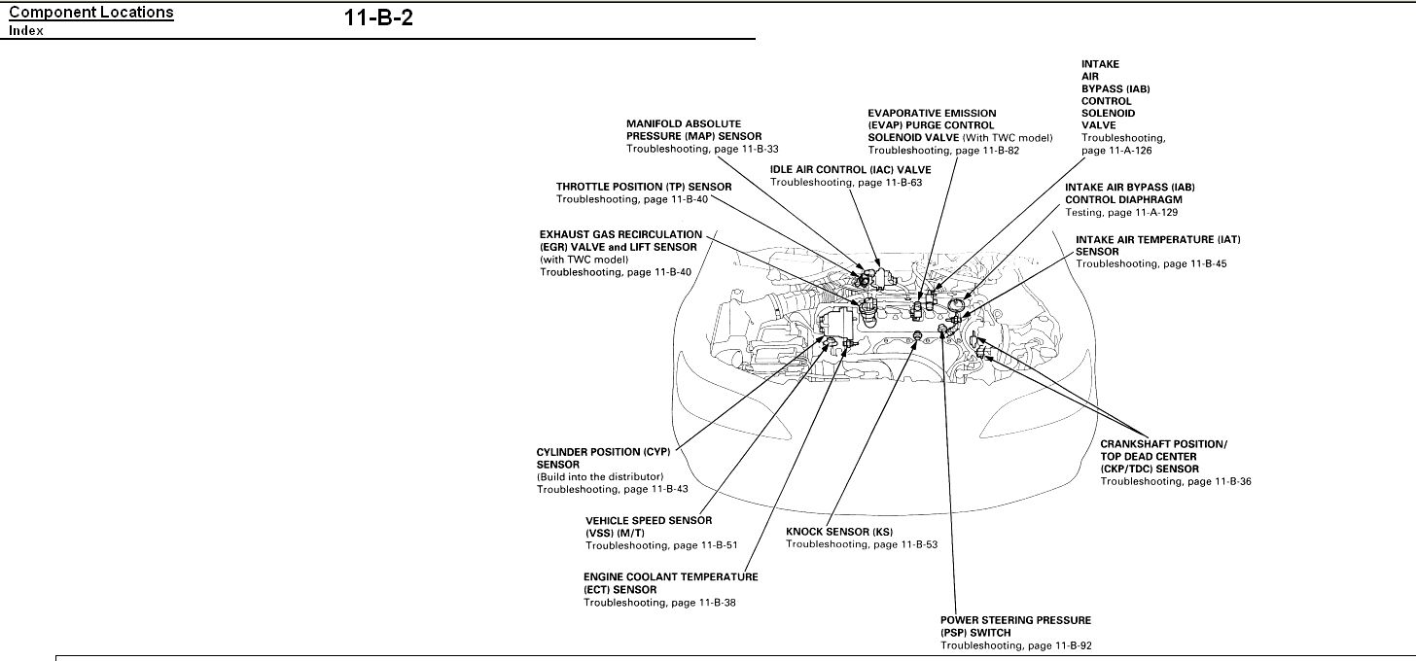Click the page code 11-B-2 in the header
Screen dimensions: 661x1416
(378, 18)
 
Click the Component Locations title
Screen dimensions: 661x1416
(91, 13)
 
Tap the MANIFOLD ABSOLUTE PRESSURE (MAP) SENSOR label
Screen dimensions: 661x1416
(693, 130)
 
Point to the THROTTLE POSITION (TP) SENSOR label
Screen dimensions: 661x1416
(644, 186)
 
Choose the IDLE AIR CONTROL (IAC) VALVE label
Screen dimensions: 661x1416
(851, 169)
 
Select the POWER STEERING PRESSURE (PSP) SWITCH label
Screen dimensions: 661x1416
(1015, 626)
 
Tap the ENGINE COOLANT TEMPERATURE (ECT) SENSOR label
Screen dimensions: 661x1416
(671, 583)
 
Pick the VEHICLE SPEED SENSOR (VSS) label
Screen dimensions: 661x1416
(649, 527)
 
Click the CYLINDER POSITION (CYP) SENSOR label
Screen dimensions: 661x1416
(603, 458)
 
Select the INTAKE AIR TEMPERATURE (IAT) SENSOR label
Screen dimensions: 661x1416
(1157, 245)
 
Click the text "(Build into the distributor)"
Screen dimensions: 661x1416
(600, 476)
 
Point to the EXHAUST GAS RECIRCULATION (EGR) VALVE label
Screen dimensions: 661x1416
(620, 241)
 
